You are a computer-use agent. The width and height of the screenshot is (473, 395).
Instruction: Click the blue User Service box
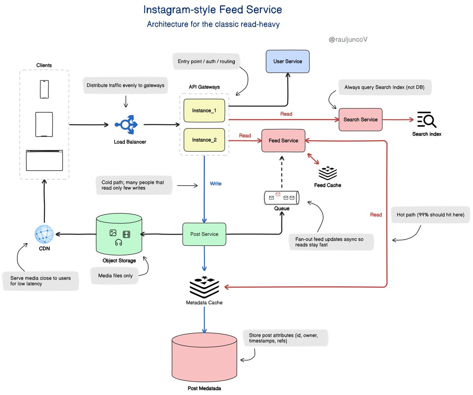point(287,61)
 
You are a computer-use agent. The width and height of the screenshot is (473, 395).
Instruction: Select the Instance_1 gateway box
point(204,111)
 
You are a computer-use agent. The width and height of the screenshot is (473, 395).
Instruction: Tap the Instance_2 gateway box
point(204,140)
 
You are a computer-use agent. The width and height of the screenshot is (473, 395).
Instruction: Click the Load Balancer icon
point(126,125)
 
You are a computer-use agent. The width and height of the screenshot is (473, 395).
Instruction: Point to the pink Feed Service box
point(283,140)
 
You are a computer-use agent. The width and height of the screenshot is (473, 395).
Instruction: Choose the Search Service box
point(360,119)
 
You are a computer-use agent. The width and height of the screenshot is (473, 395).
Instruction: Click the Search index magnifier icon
point(426,120)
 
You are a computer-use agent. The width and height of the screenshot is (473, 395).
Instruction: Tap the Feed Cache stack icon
point(328,173)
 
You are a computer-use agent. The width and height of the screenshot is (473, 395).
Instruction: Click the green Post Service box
point(204,234)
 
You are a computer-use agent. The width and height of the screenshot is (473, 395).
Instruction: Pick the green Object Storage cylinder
point(119,235)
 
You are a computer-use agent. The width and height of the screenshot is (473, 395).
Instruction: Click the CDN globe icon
point(44,234)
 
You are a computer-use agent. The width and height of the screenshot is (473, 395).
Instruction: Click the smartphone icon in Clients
point(44,89)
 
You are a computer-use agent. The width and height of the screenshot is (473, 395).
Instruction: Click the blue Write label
point(216,184)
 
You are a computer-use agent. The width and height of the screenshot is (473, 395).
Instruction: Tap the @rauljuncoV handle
point(348,39)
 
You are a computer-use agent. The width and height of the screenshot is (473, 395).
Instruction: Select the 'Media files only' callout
point(115,276)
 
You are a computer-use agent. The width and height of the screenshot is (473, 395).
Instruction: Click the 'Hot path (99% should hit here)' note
point(428,215)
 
